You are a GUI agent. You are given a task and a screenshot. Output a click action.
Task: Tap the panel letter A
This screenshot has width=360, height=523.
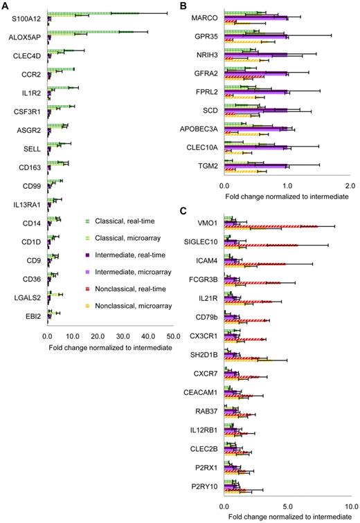click(6, 6)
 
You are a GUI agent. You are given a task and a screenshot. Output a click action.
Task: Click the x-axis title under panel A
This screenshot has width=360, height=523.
click(109, 346)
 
